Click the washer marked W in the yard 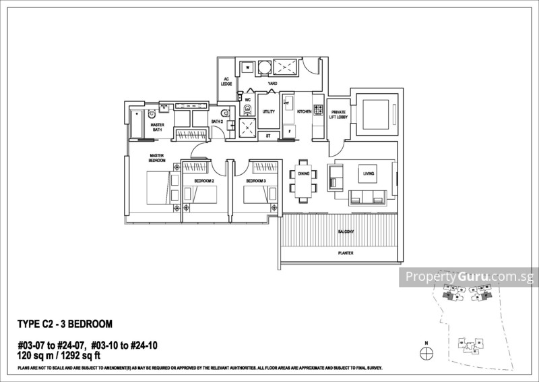click(247, 67)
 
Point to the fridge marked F click(289, 131)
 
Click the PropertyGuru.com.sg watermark click(468, 277)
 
